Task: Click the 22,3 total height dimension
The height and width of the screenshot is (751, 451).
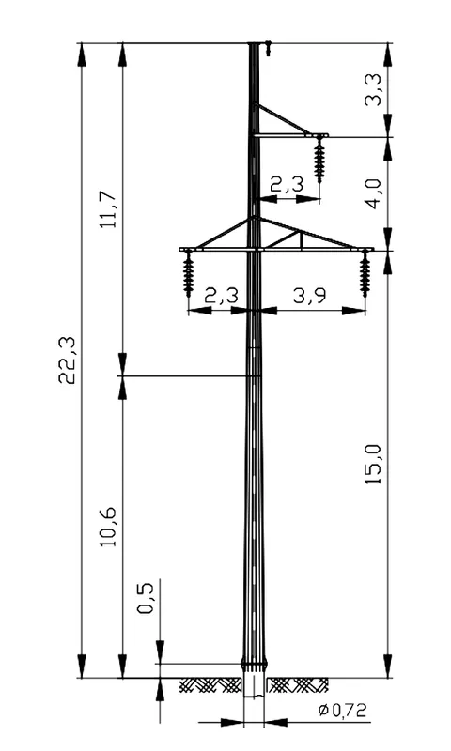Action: [67, 360]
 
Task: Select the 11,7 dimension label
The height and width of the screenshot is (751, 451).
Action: [108, 208]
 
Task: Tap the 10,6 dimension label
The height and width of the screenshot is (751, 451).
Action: [108, 527]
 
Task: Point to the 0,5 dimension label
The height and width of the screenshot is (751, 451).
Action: [145, 598]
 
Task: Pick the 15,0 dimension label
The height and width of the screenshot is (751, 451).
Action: [373, 464]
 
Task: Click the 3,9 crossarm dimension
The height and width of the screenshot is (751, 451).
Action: [310, 297]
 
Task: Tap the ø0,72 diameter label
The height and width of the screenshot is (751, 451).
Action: [342, 711]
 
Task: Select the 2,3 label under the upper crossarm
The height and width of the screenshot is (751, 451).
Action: [288, 184]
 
